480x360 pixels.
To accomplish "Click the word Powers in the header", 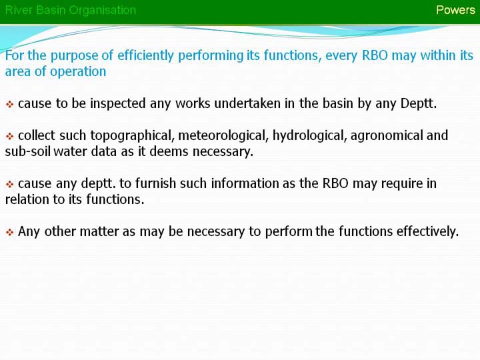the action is (455, 10).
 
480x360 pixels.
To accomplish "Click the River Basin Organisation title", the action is (71, 11).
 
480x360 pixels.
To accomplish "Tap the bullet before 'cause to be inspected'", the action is (10, 105).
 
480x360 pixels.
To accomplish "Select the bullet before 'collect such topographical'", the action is (10, 136).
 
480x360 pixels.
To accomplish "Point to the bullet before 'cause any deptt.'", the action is (10, 184).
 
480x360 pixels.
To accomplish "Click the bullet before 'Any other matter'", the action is (10, 233).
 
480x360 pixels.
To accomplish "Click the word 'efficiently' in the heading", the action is (145, 56).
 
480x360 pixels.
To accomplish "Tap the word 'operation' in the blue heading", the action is (78, 72).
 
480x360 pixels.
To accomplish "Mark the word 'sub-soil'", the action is (28, 151).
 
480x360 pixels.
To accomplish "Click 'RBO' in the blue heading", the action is (375, 56).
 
